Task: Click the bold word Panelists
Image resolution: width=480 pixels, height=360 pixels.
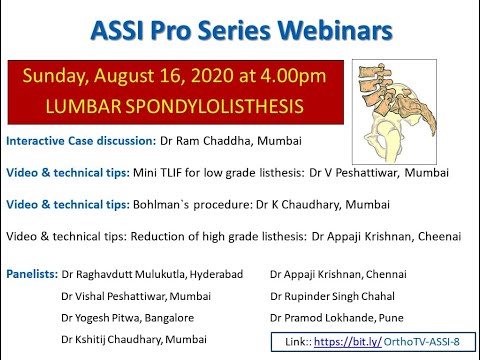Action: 32,272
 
